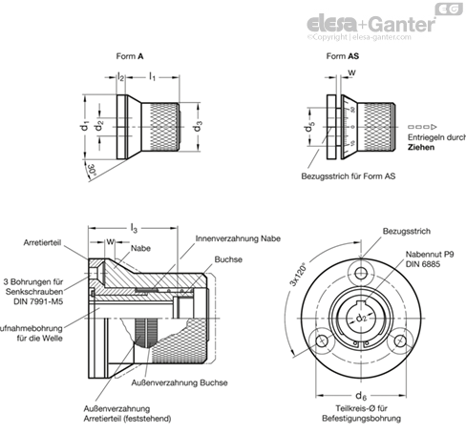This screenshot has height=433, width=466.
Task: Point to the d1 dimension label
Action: tap(86, 124)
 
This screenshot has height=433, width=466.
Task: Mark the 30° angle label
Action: tap(93, 169)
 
